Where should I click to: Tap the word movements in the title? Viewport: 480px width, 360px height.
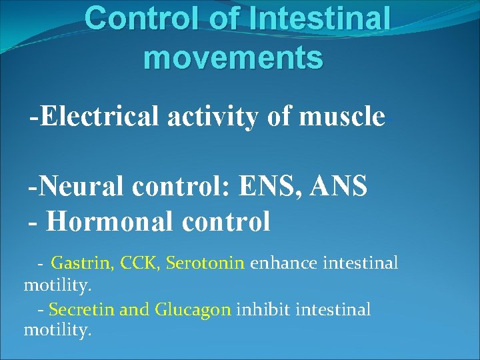pyautogui.click(x=233, y=57)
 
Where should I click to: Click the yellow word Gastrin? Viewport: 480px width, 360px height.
pyautogui.click(x=83, y=263)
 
